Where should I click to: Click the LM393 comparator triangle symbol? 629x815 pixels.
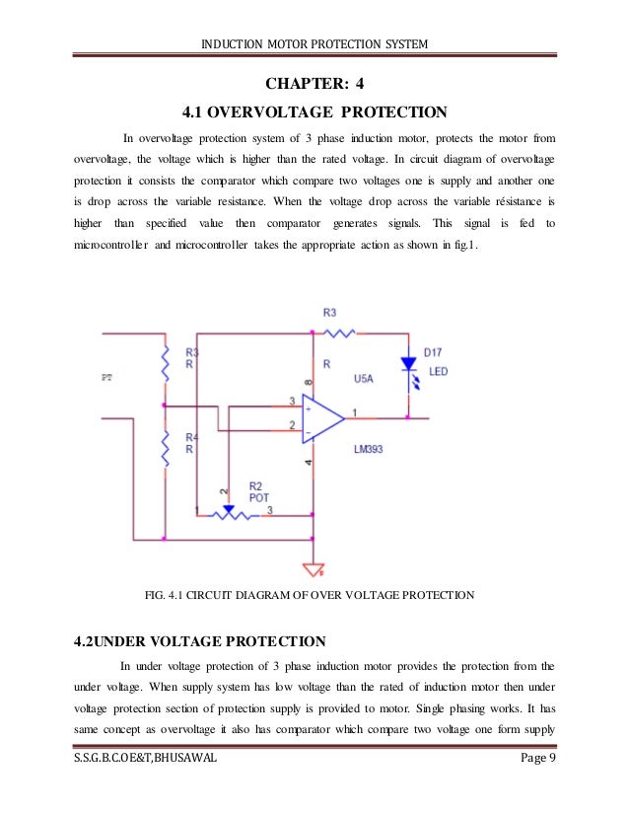[x=321, y=418]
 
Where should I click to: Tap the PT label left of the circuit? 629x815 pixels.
[x=107, y=377]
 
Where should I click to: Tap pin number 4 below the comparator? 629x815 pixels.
[x=310, y=462]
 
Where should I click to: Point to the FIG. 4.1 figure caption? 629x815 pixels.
[x=310, y=595]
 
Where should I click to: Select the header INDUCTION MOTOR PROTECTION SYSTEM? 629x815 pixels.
[x=314, y=42]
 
